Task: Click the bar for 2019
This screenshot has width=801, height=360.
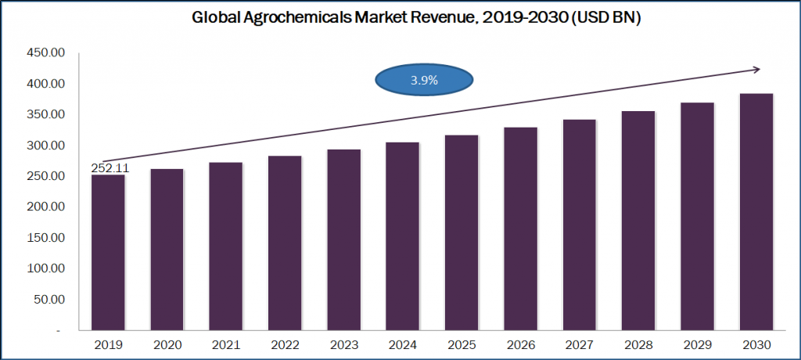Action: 108,254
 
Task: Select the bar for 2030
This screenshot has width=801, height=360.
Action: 756,213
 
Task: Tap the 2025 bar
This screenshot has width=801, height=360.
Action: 462,233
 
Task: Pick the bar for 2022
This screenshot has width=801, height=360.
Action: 285,243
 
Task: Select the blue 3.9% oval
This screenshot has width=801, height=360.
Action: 424,80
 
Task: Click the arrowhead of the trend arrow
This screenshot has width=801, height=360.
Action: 756,70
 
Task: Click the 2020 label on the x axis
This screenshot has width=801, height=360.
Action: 167,344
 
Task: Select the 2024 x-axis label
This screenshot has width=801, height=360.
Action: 403,344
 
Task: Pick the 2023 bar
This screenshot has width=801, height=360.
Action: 343,240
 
